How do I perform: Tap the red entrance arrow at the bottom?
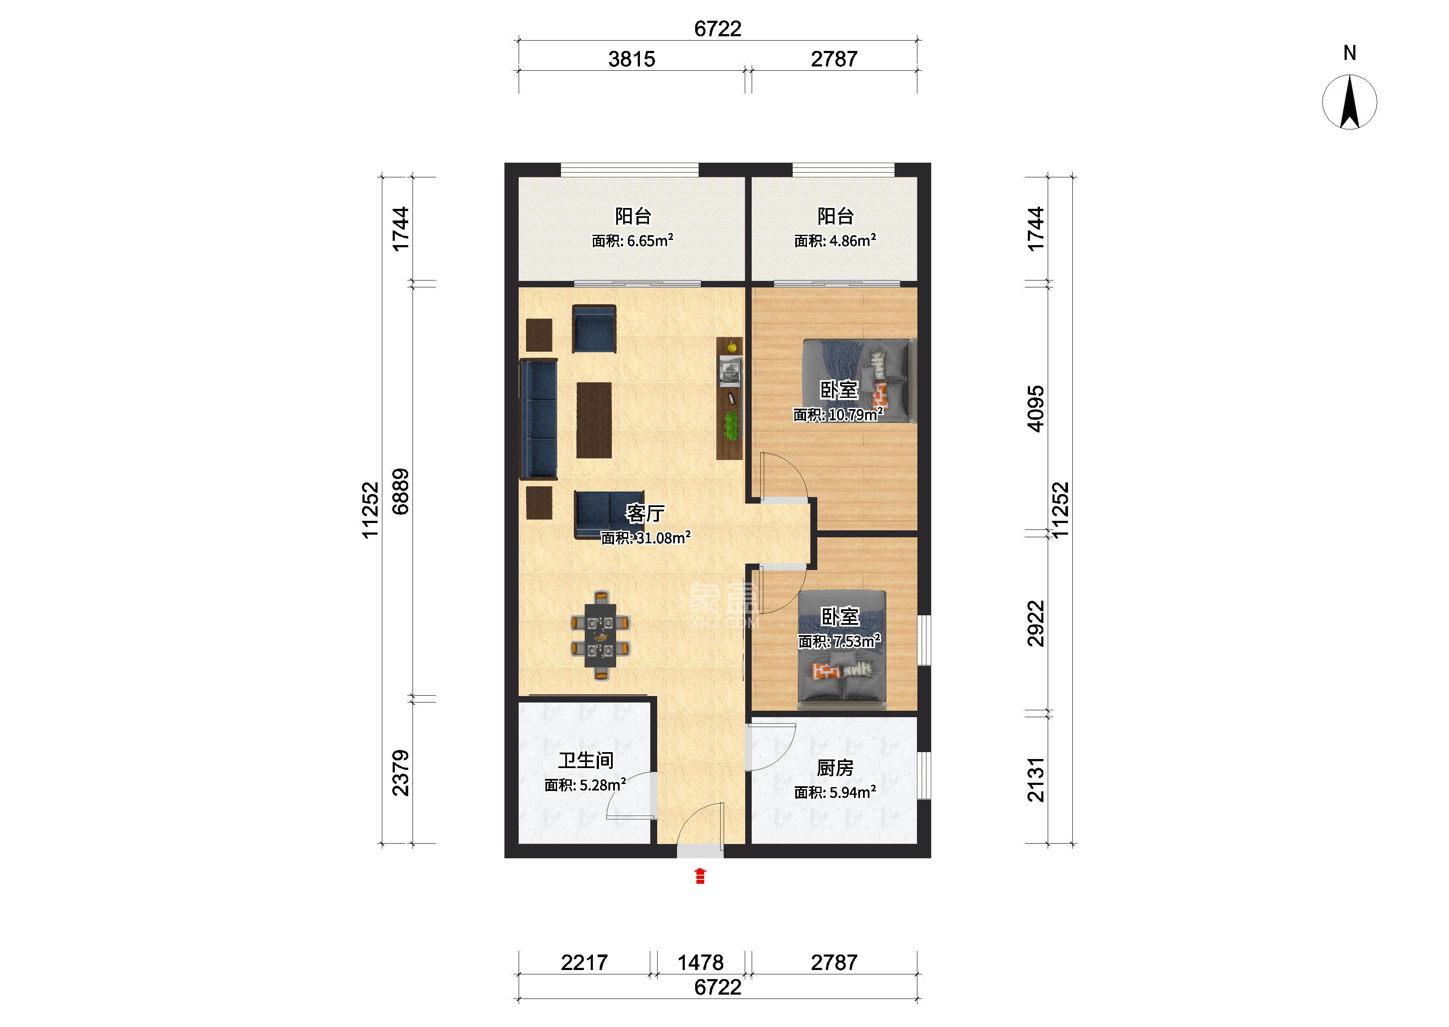click(700, 876)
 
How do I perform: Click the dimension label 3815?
click(632, 59)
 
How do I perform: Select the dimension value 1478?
click(700, 963)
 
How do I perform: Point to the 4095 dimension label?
click(1036, 409)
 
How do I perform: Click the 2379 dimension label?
click(401, 773)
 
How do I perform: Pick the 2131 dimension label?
click(1036, 780)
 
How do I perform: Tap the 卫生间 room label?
click(586, 761)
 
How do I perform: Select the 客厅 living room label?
click(645, 513)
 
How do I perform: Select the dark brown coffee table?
click(594, 420)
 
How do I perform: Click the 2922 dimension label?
click(1036, 624)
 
